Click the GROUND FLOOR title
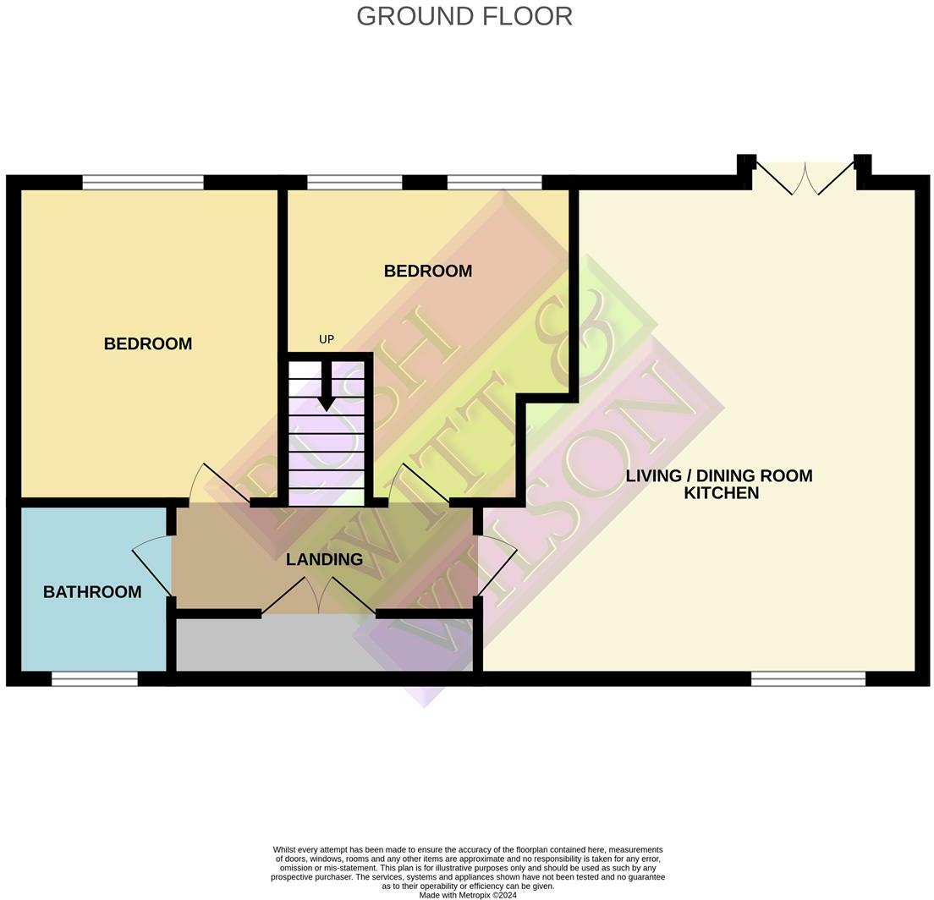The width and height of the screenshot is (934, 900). pyautogui.click(x=464, y=16)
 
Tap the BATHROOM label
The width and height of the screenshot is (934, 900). pyautogui.click(x=92, y=592)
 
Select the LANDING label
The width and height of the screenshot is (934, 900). pyautogui.click(x=324, y=559)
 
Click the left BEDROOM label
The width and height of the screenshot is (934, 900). pyautogui.click(x=148, y=343)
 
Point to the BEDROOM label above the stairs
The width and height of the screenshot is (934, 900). pyautogui.click(x=427, y=271)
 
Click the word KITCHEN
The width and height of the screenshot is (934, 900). pyautogui.click(x=721, y=493)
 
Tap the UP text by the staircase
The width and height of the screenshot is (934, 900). pyautogui.click(x=327, y=339)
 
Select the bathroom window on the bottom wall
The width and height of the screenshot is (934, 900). pyautogui.click(x=94, y=678)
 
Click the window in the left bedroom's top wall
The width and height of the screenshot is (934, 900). pyautogui.click(x=143, y=182)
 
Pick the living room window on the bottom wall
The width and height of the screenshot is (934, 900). pyautogui.click(x=808, y=678)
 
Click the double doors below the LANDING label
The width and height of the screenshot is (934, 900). pyautogui.click(x=319, y=595)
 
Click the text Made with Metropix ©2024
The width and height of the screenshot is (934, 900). pyautogui.click(x=467, y=895)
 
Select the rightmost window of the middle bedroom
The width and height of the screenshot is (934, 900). pyautogui.click(x=494, y=182)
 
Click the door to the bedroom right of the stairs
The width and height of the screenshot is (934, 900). pyautogui.click(x=420, y=485)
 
